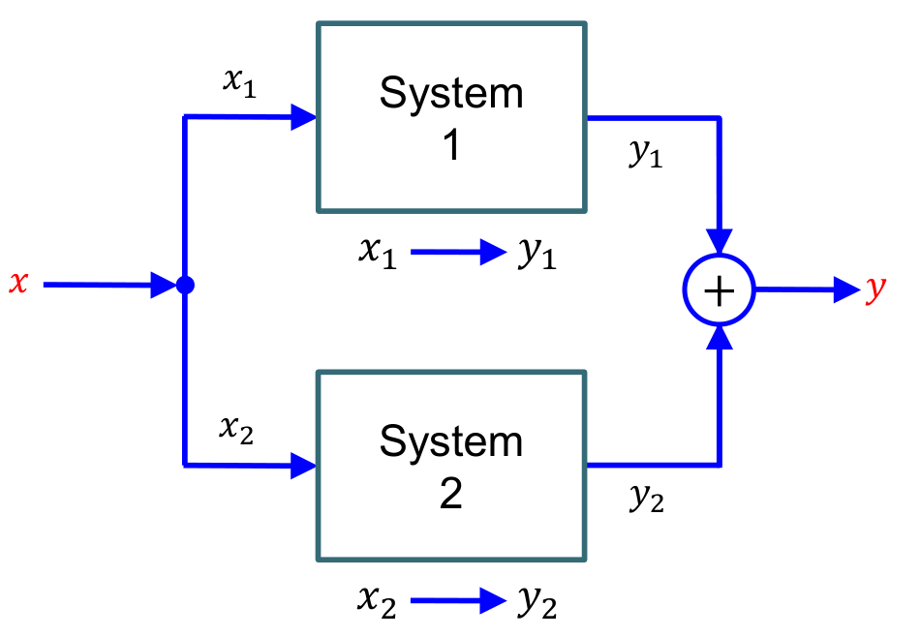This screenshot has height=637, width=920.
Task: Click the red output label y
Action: tap(875, 289)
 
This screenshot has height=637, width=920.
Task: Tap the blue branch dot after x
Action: tap(185, 286)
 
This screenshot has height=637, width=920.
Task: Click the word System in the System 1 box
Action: tap(451, 94)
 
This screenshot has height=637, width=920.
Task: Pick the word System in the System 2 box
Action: tap(451, 441)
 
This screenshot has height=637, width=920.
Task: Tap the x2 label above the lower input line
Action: tap(237, 428)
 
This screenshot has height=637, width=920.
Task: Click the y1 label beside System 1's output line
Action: tap(646, 155)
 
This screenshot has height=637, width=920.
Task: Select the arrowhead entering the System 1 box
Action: tap(304, 118)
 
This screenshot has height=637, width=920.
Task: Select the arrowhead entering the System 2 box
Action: tap(304, 466)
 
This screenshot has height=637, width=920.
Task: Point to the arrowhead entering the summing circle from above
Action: tap(719, 241)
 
